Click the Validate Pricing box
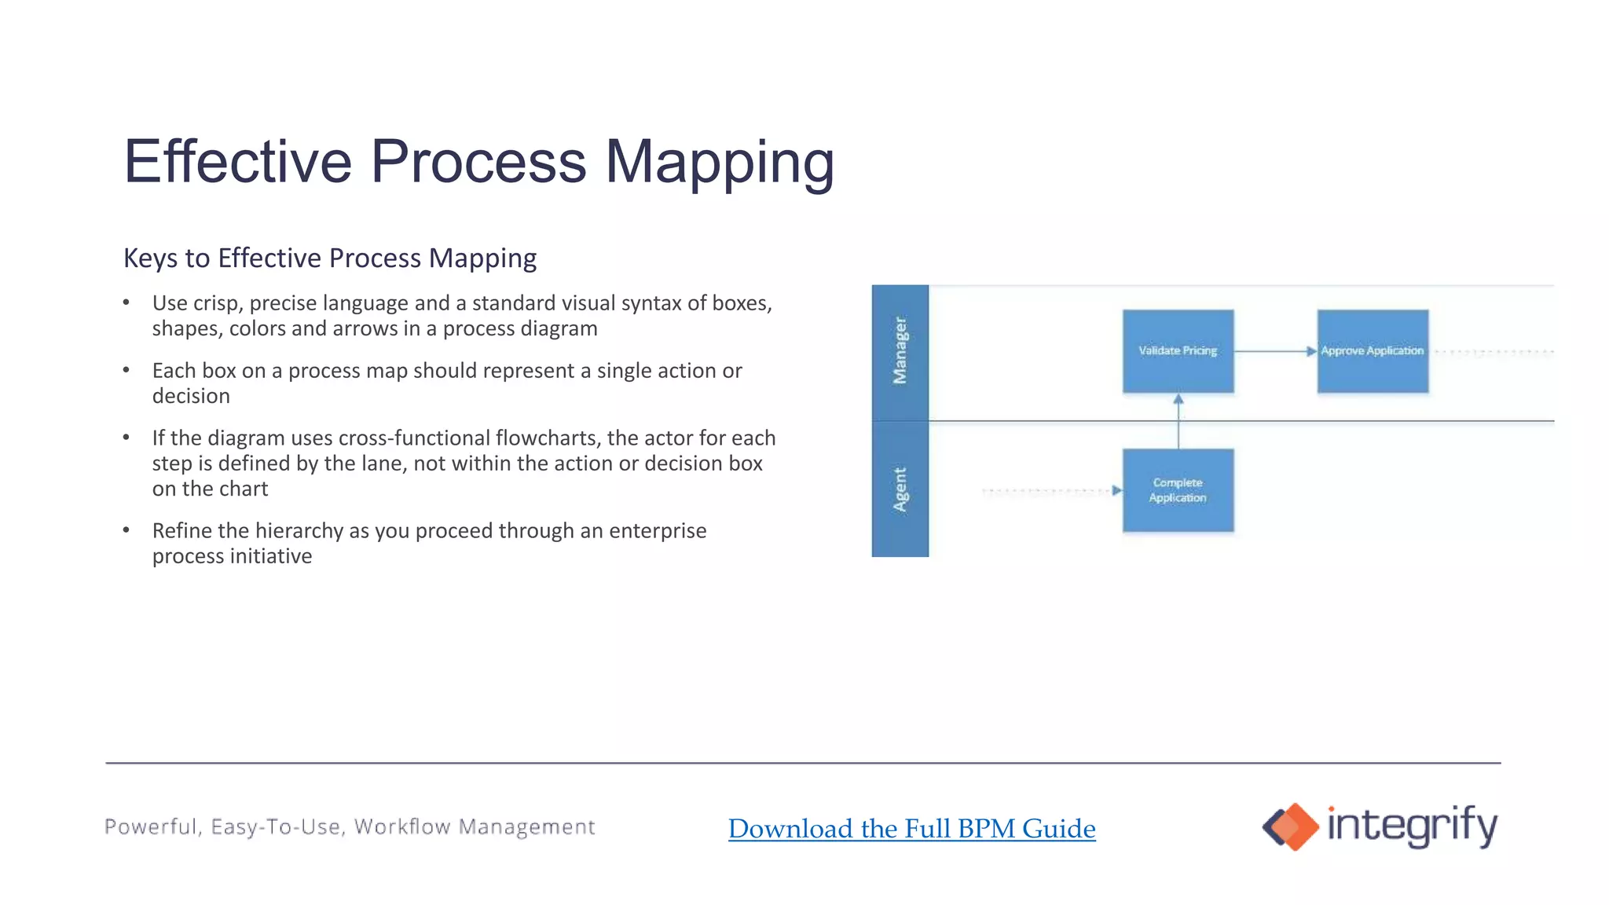click(1177, 350)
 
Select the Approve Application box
click(1372, 350)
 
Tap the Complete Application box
click(1177, 489)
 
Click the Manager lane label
click(900, 351)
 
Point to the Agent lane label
click(900, 489)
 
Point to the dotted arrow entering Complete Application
click(1053, 491)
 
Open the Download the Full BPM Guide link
click(911, 828)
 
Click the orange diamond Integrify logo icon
click(1290, 826)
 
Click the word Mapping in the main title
click(718, 162)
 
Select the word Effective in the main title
click(237, 162)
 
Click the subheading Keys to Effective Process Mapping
click(330, 258)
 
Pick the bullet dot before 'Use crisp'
click(126, 302)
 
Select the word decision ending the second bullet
click(191, 396)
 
